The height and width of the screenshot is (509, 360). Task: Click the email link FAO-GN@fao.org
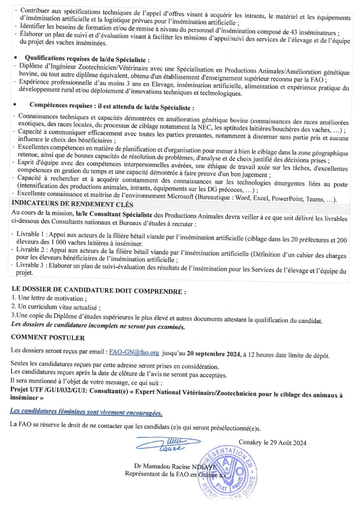(x=134, y=353)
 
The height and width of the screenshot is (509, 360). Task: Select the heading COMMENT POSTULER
(x=48, y=338)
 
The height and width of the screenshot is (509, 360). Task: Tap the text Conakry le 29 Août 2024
(x=272, y=443)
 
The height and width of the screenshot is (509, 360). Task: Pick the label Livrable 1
(x=30, y=233)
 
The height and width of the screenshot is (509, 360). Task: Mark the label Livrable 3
(x=30, y=266)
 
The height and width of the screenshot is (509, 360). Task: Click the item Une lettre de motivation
(x=49, y=299)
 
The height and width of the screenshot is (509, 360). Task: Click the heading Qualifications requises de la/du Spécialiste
(x=87, y=60)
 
